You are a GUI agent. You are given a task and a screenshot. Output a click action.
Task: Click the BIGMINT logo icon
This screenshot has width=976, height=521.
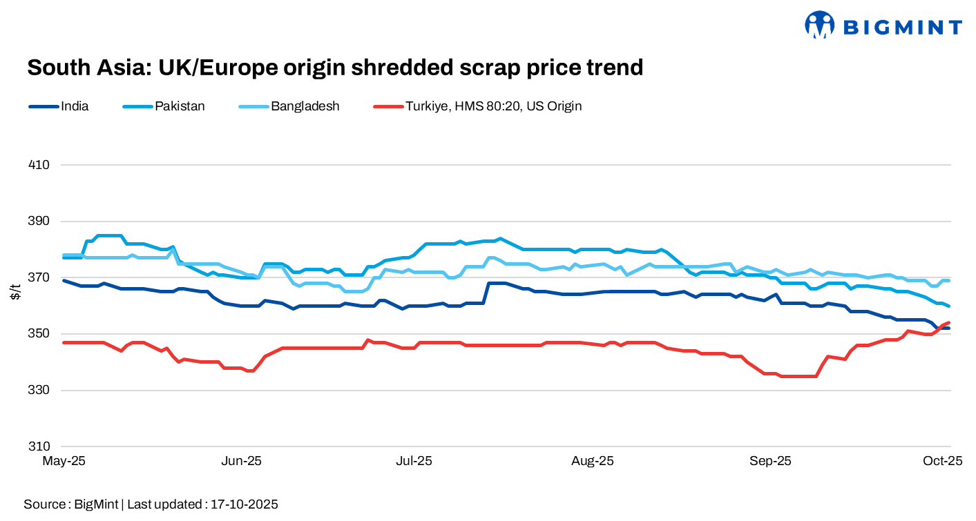point(819,25)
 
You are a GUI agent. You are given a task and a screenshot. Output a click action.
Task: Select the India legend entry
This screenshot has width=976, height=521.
point(75,106)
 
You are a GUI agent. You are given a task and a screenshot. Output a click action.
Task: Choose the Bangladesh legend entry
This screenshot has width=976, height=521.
point(305,106)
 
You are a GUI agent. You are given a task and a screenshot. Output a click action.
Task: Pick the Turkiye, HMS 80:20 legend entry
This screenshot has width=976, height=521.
point(493,106)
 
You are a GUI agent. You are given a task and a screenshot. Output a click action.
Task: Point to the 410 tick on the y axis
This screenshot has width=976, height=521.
point(39,165)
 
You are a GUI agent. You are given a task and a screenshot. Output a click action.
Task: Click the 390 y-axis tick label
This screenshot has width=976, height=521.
point(39,222)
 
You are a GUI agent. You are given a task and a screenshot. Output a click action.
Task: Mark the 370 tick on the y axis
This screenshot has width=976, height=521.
point(39,277)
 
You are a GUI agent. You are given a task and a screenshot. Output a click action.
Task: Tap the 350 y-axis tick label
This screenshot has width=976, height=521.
point(39,334)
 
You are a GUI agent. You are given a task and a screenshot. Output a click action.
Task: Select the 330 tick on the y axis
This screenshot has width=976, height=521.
point(39,391)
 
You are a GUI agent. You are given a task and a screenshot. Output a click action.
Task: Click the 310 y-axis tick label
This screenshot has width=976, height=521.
point(39,446)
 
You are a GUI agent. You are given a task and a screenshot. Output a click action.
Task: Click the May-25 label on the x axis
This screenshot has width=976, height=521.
point(64,461)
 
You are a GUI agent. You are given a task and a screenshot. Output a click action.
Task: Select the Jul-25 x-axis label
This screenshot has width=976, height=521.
point(414,461)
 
